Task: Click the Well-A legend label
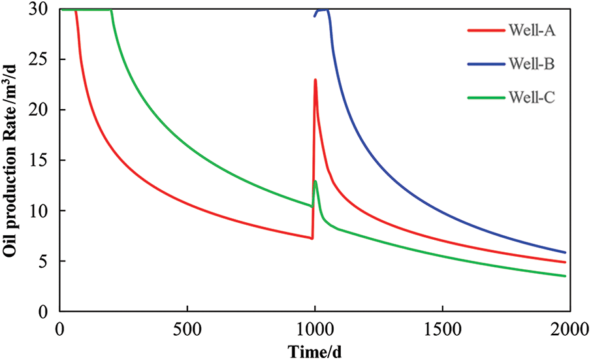point(527,30)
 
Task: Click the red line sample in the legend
point(483,30)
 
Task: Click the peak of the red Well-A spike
point(315,80)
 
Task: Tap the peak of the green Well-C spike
point(315,181)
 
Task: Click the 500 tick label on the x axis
point(187,327)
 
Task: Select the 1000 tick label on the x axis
point(315,327)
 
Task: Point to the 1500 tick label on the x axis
point(442,327)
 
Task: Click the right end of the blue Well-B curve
point(565,252)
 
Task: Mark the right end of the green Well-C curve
point(565,276)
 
